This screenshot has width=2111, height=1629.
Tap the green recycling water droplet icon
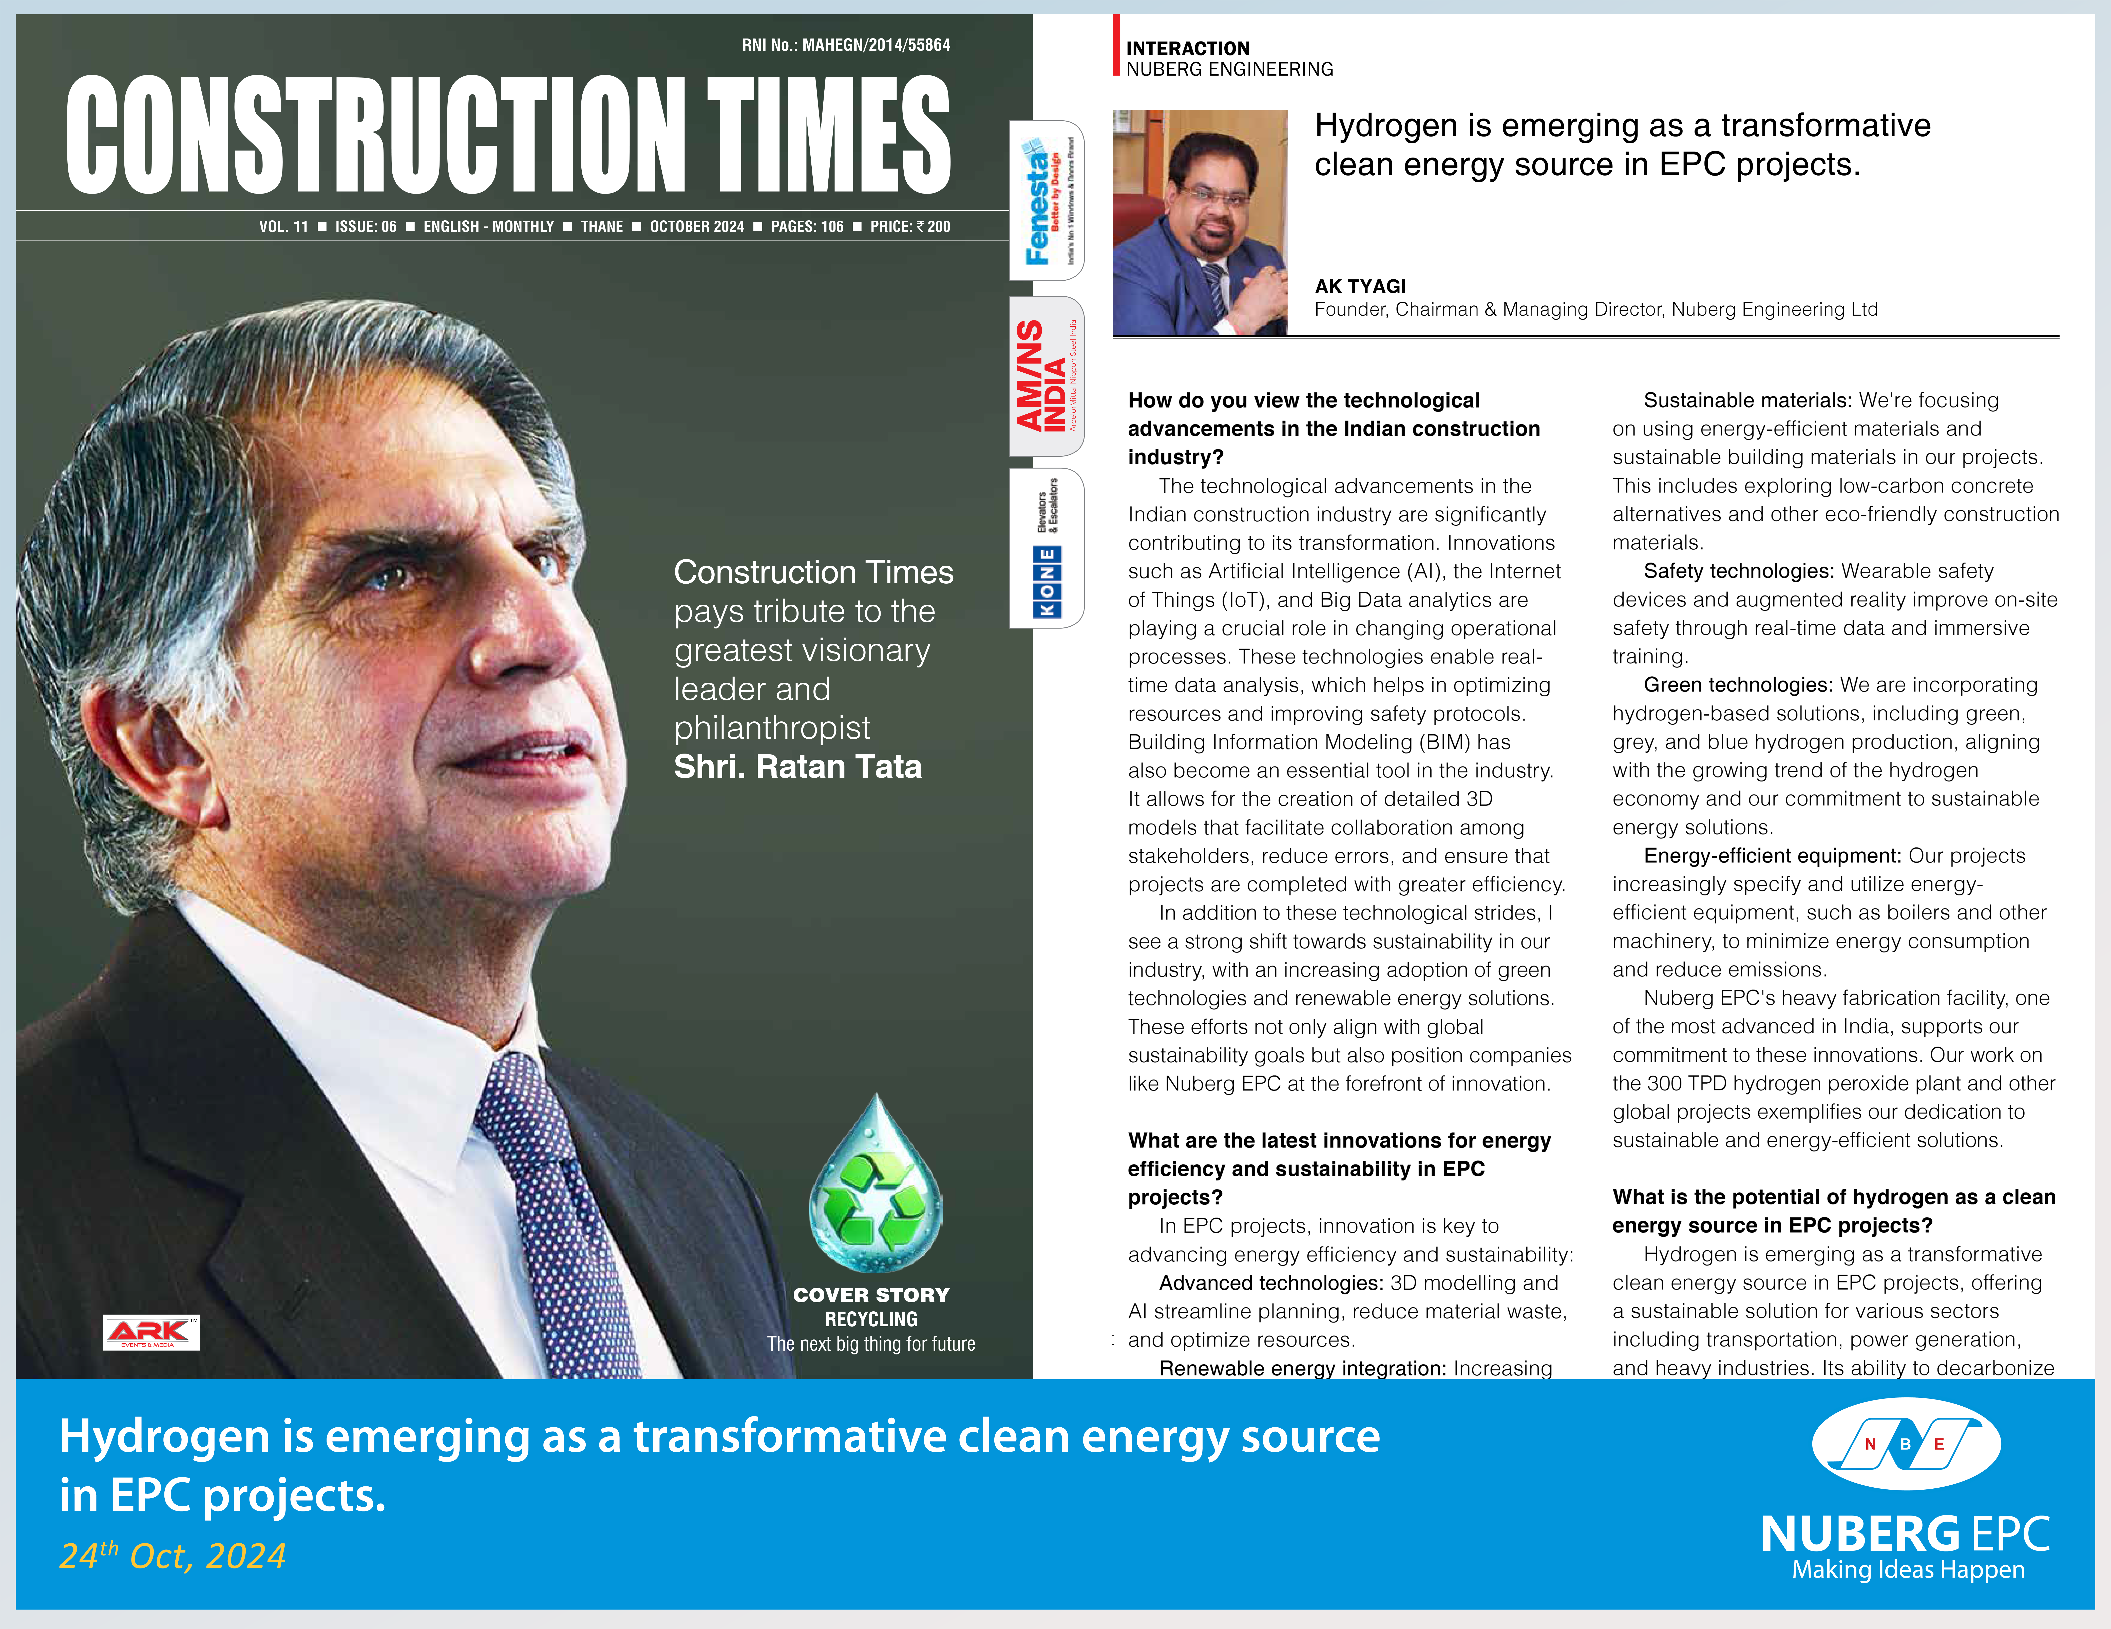pyautogui.click(x=875, y=1186)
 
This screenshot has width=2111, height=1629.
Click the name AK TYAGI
pyautogui.click(x=1360, y=286)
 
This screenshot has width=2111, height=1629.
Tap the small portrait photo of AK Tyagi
pyautogui.click(x=1200, y=222)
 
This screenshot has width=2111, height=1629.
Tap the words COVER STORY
pyautogui.click(x=871, y=1295)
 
